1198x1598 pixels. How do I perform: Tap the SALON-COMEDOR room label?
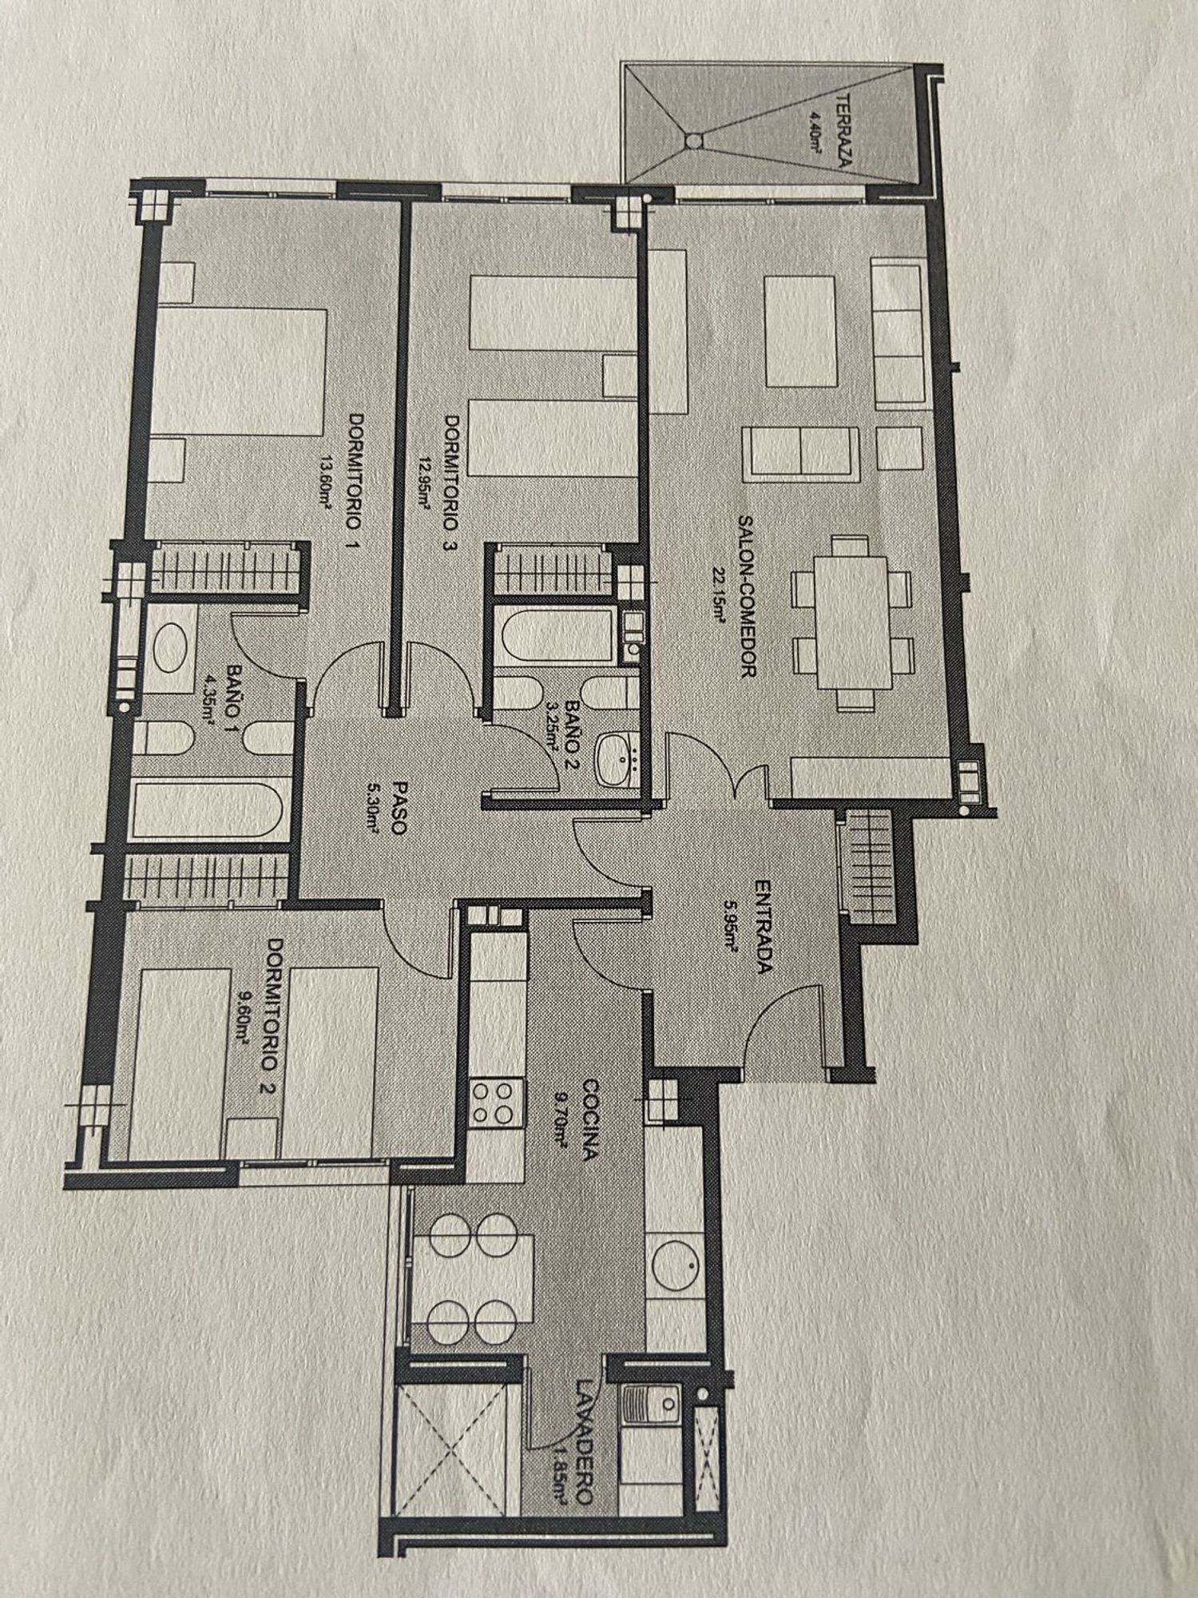(x=747, y=596)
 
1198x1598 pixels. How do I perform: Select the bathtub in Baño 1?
(x=207, y=809)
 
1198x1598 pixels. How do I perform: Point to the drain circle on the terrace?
(x=692, y=140)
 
